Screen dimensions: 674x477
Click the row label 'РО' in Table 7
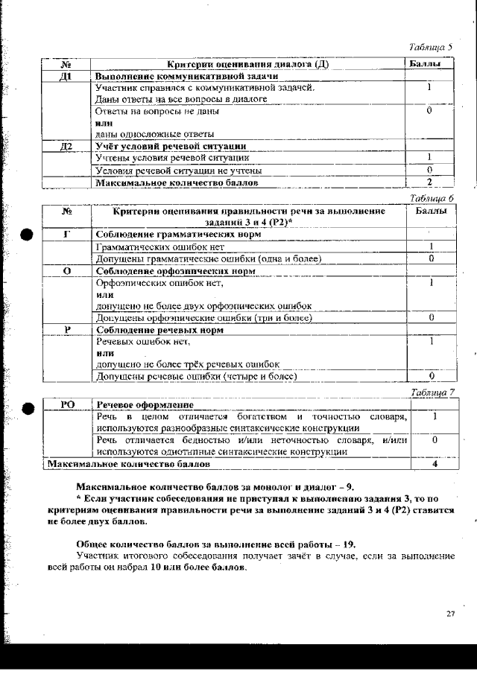[67, 404]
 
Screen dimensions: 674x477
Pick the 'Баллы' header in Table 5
[431, 65]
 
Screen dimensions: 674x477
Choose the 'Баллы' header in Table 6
[432, 212]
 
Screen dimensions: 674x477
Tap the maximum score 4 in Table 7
[434, 463]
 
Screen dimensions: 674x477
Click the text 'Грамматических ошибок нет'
[160, 247]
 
